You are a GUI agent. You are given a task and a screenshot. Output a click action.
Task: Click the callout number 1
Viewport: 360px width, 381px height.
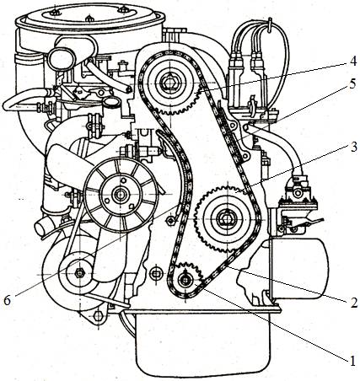click(352, 361)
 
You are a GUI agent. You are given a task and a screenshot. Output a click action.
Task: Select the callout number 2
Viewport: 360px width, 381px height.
click(354, 303)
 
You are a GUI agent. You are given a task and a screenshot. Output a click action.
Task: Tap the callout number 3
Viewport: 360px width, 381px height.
click(352, 147)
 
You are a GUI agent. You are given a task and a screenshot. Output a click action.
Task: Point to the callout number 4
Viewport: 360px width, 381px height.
click(353, 61)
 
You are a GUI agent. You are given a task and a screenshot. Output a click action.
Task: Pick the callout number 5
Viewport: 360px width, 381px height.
click(352, 84)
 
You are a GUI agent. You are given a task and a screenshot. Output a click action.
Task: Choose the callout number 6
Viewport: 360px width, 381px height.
click(7, 301)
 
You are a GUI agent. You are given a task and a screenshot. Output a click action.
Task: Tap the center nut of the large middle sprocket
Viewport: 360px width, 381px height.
click(226, 218)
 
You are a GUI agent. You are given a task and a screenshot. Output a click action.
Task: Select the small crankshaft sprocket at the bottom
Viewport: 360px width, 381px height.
click(186, 280)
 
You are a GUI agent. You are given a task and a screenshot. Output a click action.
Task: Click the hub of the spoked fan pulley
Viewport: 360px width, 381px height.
click(121, 194)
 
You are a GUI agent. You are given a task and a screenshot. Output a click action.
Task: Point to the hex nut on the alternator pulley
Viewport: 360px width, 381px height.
click(79, 272)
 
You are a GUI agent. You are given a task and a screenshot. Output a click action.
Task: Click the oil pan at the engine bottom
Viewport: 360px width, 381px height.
click(202, 346)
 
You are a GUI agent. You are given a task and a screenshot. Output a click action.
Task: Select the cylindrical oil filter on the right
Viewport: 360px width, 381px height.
click(298, 271)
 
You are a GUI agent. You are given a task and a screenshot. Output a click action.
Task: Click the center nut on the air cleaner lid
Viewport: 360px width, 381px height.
click(89, 19)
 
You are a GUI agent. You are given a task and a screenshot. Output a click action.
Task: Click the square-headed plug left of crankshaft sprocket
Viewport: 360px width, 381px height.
click(156, 273)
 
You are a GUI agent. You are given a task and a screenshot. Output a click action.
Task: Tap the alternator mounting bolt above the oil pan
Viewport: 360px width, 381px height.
click(98, 316)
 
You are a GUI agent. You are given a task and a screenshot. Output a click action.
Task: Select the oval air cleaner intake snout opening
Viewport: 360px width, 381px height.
click(62, 59)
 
